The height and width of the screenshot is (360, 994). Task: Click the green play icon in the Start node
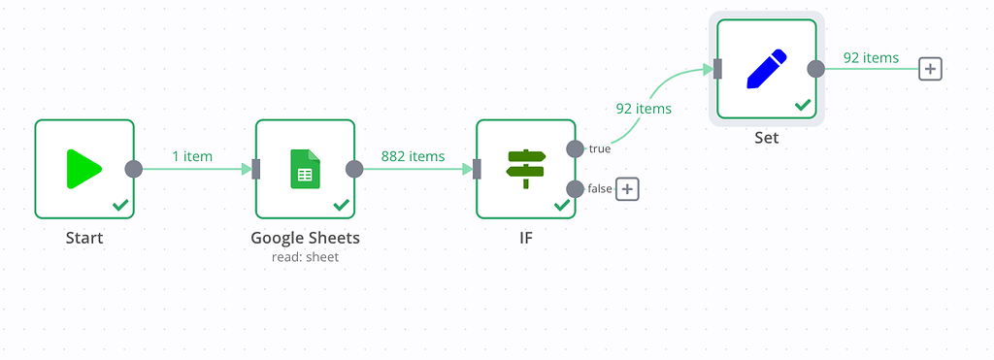tap(83, 169)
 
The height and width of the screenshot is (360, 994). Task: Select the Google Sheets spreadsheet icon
tap(305, 169)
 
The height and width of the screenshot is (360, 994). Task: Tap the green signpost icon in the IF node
tap(526, 169)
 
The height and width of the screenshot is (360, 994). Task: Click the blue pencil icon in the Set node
tap(766, 67)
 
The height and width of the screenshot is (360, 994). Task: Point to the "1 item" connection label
tap(192, 156)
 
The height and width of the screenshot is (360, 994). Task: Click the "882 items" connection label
tap(414, 156)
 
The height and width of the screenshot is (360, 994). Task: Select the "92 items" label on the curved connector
tap(644, 109)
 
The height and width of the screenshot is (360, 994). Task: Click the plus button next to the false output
tap(628, 189)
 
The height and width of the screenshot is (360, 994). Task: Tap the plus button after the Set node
tap(931, 69)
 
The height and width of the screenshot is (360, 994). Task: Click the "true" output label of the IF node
tap(600, 148)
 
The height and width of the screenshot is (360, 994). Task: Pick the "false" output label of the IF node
tap(600, 188)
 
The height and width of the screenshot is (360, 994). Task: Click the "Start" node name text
tap(84, 238)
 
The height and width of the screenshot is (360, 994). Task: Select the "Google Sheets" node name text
tap(305, 238)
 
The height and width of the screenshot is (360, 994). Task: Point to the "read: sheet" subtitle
tap(305, 257)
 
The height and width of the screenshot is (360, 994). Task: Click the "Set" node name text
tap(767, 138)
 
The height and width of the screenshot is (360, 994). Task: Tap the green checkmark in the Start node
tap(120, 205)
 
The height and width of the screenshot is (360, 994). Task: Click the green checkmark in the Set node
tap(803, 104)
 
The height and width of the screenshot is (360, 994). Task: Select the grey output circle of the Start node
tap(134, 169)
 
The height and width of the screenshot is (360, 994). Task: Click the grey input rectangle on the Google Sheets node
tap(256, 169)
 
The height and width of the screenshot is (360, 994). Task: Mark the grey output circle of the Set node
tap(816, 68)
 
